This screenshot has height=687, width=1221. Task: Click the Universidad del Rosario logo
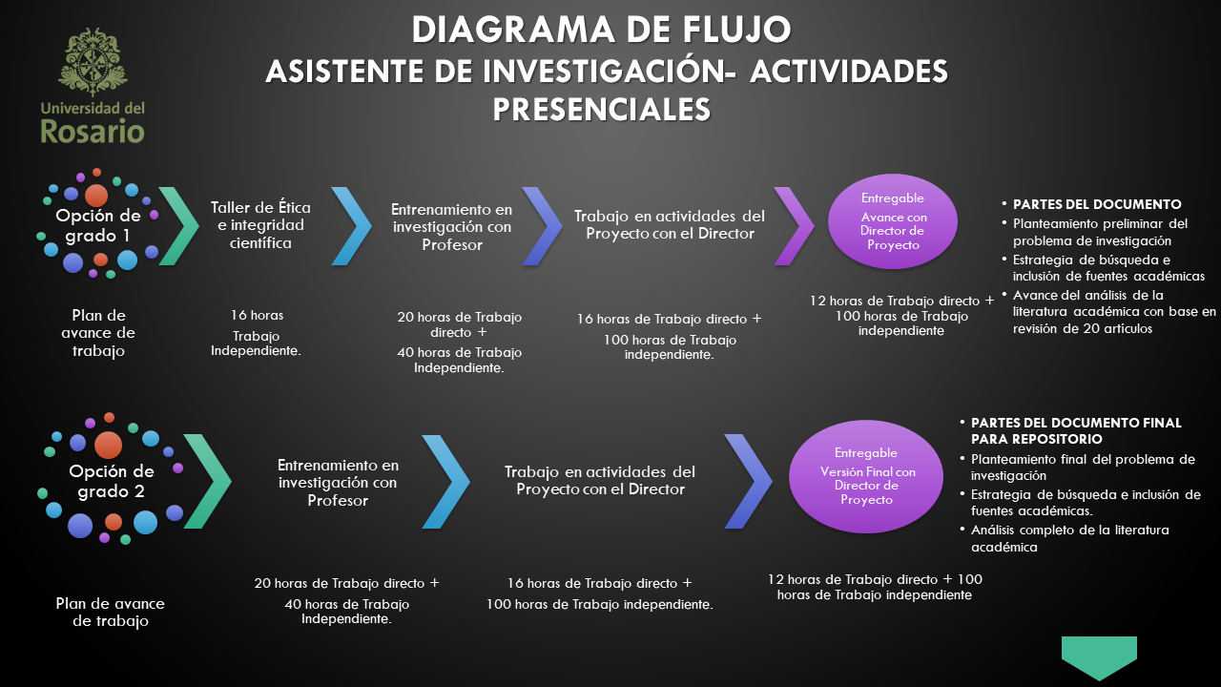[93, 86]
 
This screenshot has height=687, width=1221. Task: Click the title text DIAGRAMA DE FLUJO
[601, 30]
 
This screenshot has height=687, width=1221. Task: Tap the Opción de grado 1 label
[97, 225]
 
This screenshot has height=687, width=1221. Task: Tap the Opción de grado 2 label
[111, 482]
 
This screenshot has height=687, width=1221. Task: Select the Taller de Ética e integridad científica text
[260, 225]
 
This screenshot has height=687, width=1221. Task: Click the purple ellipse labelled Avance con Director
[893, 221]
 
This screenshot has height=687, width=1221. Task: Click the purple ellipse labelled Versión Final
[867, 475]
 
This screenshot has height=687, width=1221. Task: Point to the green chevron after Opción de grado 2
[207, 481]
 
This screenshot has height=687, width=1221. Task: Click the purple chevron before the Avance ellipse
[793, 225]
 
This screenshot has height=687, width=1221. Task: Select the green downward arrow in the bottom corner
[1099, 656]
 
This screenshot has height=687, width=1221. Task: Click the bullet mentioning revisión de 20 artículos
[1114, 311]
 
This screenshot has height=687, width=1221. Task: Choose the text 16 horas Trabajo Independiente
[256, 333]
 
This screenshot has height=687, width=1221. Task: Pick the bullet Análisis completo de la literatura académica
[1069, 538]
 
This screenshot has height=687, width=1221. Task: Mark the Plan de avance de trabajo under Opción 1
[98, 333]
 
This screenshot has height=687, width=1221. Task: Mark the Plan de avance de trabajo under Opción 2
[111, 613]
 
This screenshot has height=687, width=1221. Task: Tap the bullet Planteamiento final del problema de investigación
[1082, 467]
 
